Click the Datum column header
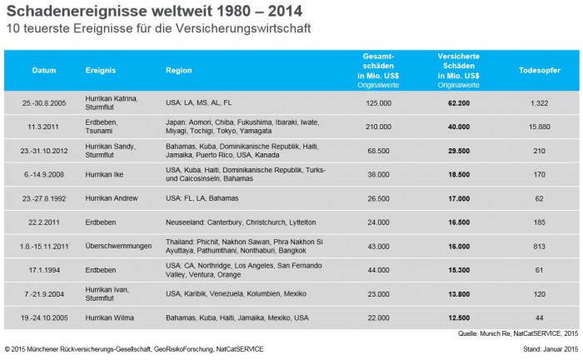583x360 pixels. (44, 71)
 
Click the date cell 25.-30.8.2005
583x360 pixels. (44, 102)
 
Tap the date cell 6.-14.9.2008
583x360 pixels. (44, 174)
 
